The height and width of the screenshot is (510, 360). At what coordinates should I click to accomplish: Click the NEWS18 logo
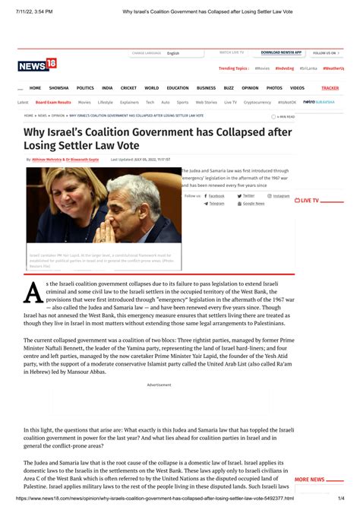pyautogui.click(x=37, y=65)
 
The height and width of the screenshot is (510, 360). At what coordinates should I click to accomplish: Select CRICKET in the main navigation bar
pyautogui.click(x=128, y=88)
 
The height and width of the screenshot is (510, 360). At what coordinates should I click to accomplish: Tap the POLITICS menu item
pyautogui.click(x=85, y=88)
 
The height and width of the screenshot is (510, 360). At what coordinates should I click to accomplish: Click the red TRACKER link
pyautogui.click(x=330, y=88)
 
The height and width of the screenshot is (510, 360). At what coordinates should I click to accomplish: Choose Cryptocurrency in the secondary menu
pyautogui.click(x=257, y=102)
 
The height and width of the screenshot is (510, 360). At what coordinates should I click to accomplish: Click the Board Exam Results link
pyautogui.click(x=53, y=102)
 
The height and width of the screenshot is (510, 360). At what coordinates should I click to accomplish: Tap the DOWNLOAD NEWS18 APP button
pyautogui.click(x=281, y=53)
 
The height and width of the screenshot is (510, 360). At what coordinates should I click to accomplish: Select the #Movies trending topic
pyautogui.click(x=262, y=68)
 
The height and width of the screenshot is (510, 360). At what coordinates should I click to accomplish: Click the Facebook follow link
pyautogui.click(x=216, y=195)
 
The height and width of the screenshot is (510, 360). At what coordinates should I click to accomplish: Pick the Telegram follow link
pyautogui.click(x=216, y=204)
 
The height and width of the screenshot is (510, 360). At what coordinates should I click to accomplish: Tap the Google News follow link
pyautogui.click(x=253, y=204)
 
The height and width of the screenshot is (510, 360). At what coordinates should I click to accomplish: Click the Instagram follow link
pyautogui.click(x=281, y=195)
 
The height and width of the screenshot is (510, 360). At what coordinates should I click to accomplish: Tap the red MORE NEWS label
pyautogui.click(x=309, y=480)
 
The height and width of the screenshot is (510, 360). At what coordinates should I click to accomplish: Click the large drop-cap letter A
pyautogui.click(x=32, y=290)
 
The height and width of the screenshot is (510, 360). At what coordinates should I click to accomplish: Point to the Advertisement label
pyautogui.click(x=159, y=385)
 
